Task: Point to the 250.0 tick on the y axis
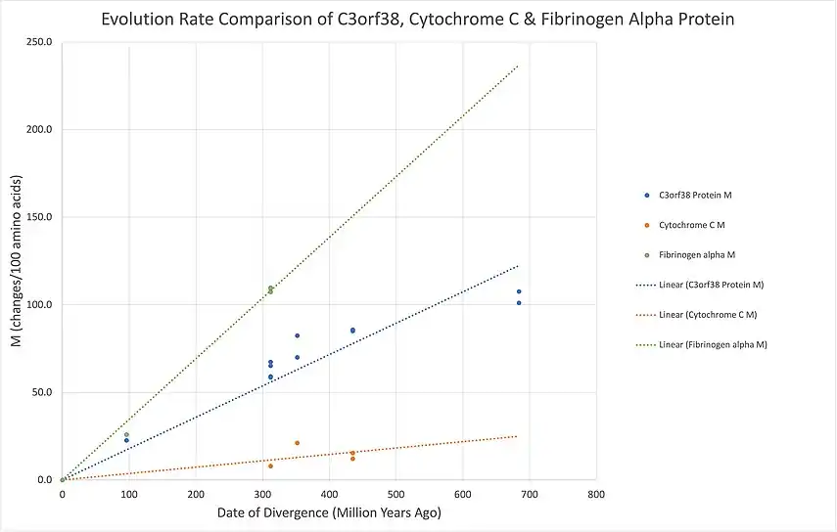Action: coord(39,42)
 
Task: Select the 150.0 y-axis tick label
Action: coord(39,217)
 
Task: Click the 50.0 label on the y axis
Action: coord(42,392)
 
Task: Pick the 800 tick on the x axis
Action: coord(595,494)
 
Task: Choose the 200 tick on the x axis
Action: coord(196,494)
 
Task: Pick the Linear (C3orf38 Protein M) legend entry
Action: coord(712,285)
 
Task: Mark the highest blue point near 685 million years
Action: coord(519,291)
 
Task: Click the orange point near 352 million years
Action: coord(297,443)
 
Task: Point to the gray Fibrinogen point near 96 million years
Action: coord(126,434)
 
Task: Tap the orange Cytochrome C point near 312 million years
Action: coord(270,465)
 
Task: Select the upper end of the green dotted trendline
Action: coord(517,66)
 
